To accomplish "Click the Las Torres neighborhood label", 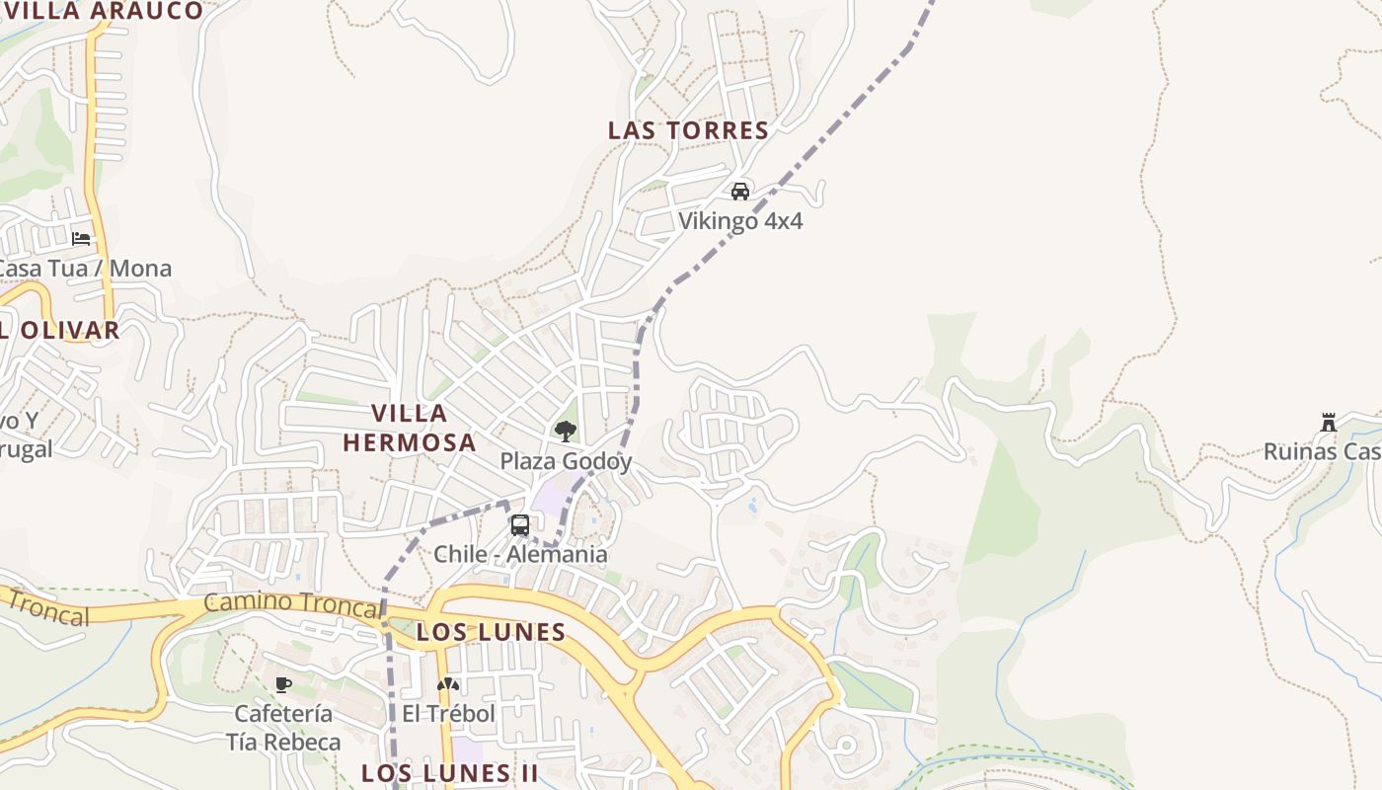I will pyautogui.click(x=688, y=130).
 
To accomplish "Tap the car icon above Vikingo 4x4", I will pyautogui.click(x=740, y=191).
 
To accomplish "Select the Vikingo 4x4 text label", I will pyautogui.click(x=740, y=221).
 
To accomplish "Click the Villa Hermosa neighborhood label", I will pyautogui.click(x=410, y=428).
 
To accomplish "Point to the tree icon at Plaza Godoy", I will pyautogui.click(x=566, y=431).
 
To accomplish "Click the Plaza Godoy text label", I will pyautogui.click(x=566, y=461).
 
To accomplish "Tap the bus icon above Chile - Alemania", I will pyautogui.click(x=520, y=524).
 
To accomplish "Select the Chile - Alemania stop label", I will pyautogui.click(x=520, y=554).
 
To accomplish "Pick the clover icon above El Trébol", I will pyautogui.click(x=448, y=683).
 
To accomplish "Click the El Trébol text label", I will pyautogui.click(x=448, y=713).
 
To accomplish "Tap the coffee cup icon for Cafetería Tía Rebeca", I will pyautogui.click(x=283, y=683).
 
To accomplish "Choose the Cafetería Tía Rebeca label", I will pyautogui.click(x=283, y=728).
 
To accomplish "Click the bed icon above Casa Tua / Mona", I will pyautogui.click(x=81, y=238).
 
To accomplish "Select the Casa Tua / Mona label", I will pyautogui.click(x=83, y=269).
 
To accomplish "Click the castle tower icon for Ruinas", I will pyautogui.click(x=1329, y=423).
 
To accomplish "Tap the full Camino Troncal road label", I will pyautogui.click(x=291, y=603).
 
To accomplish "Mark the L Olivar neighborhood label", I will pyautogui.click(x=59, y=331).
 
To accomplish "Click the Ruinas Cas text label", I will pyautogui.click(x=1323, y=452).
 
